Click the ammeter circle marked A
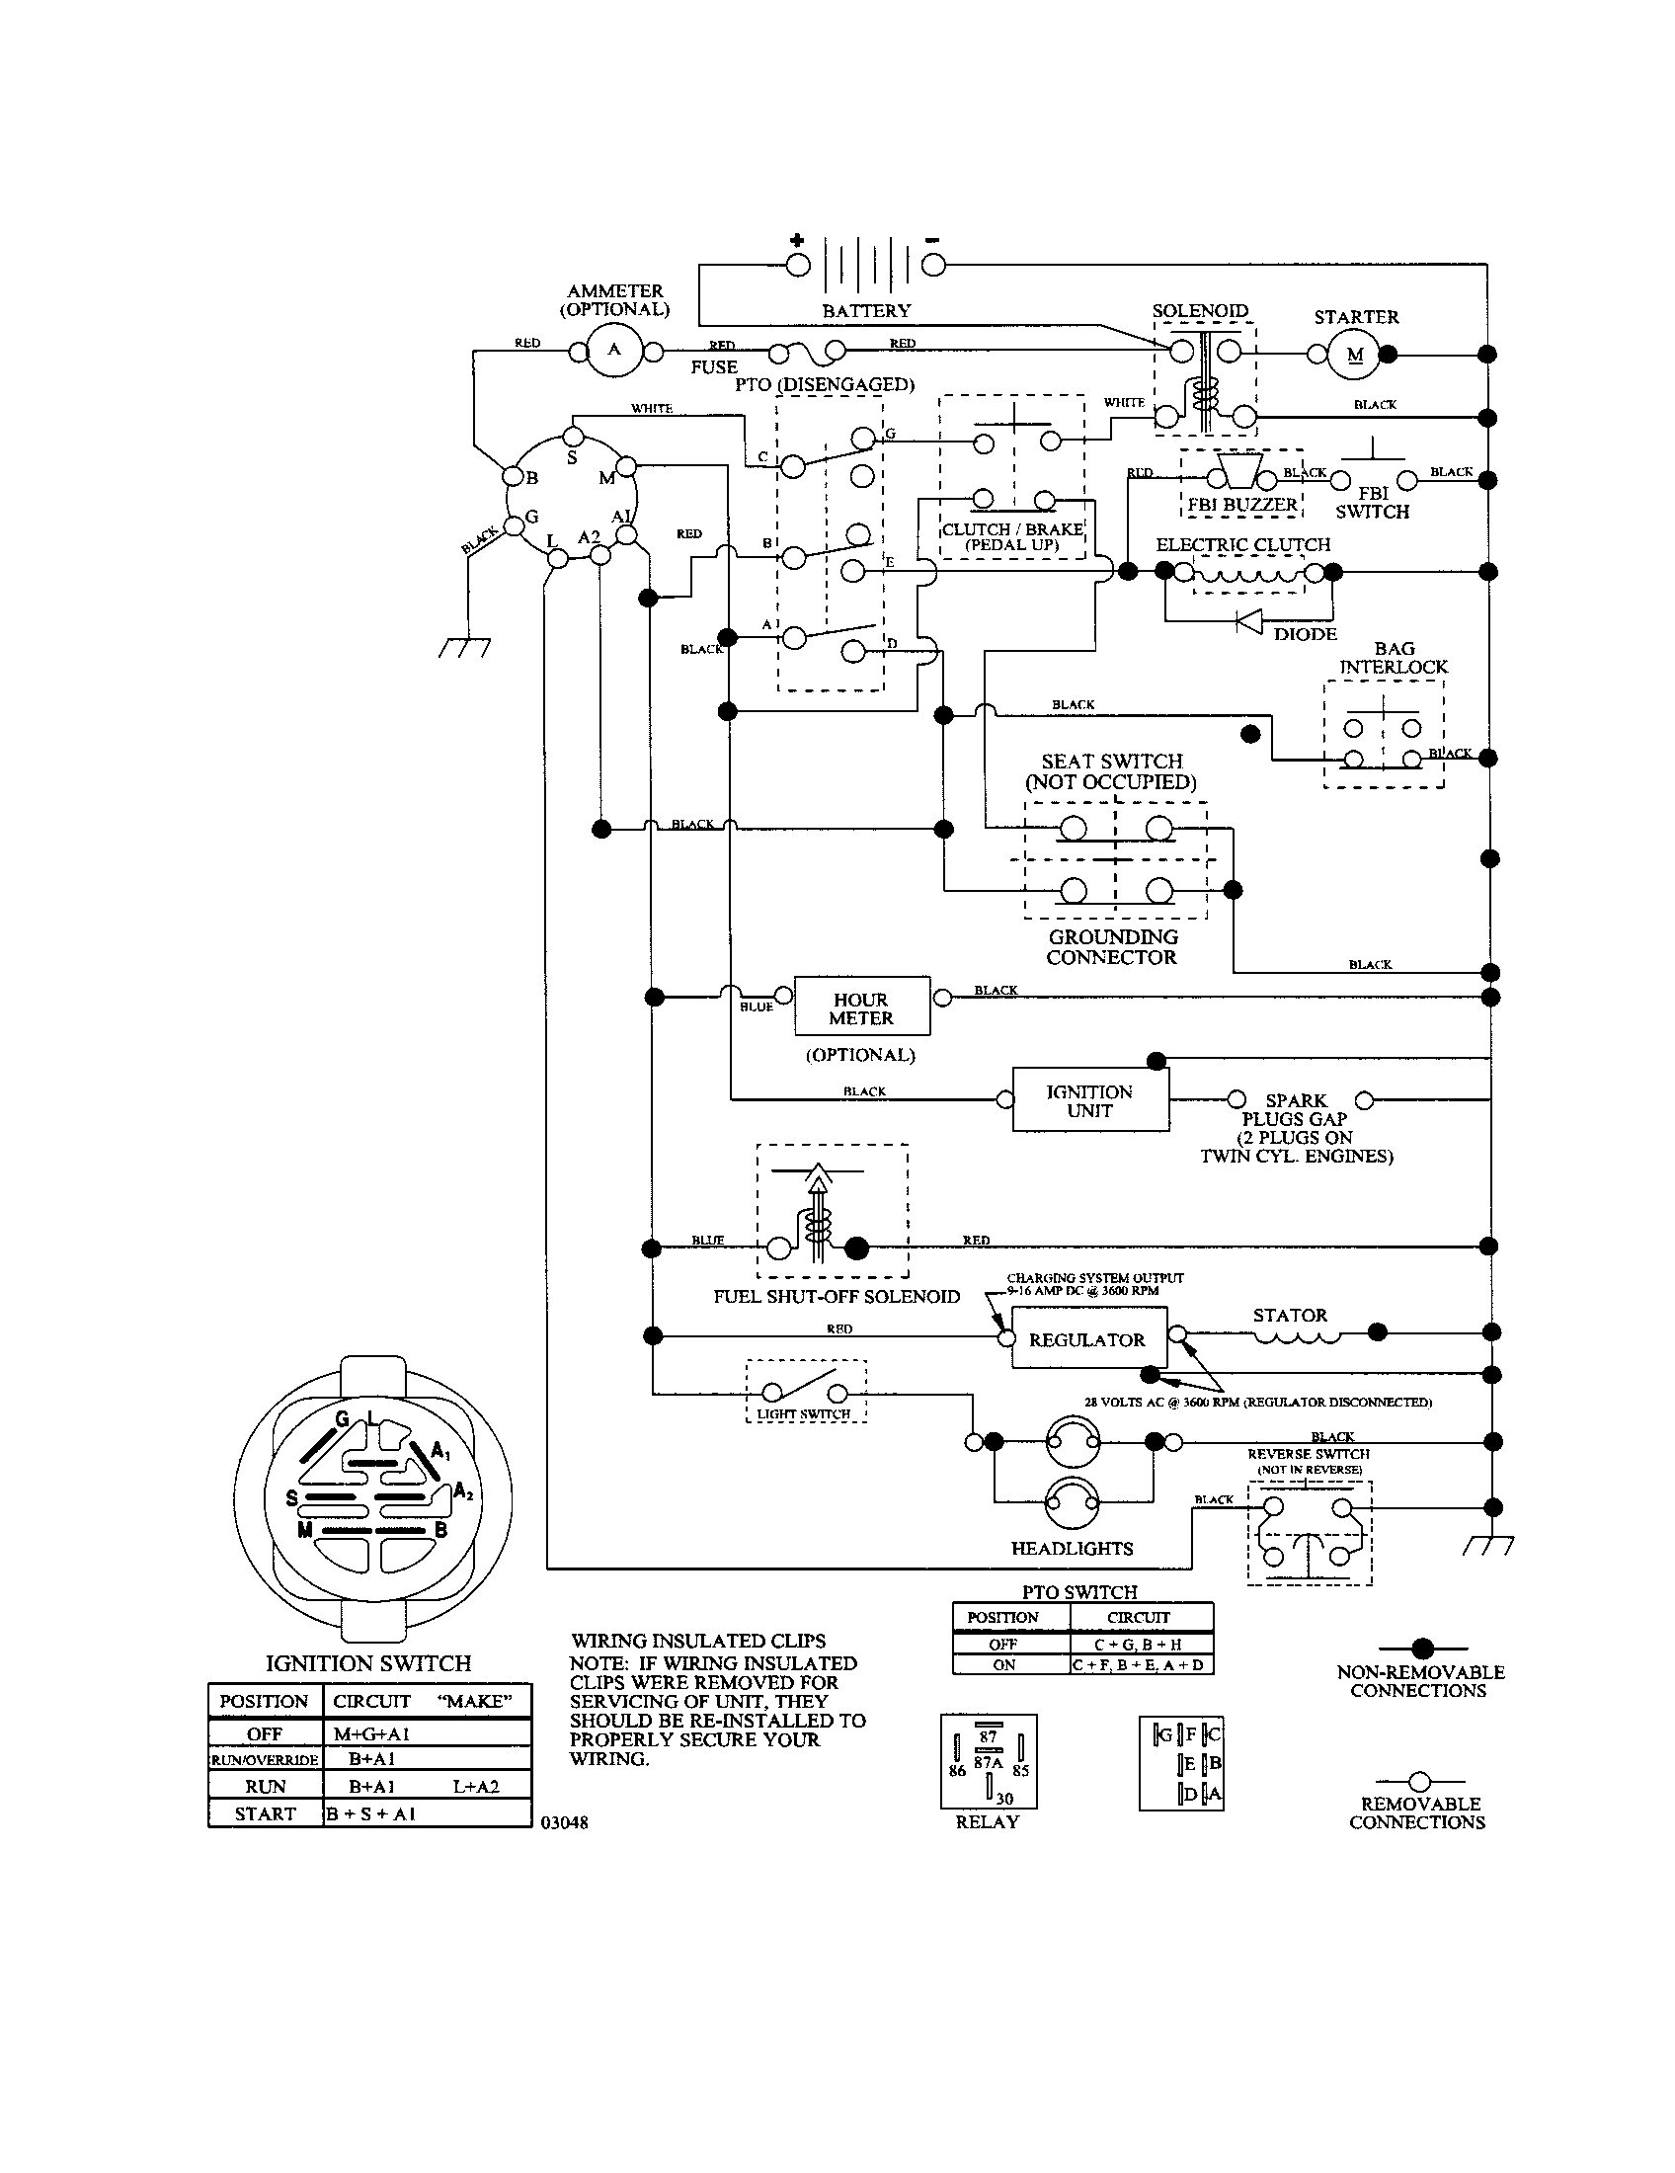613,351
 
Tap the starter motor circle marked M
1354,354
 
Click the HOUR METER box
861,1006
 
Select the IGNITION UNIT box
1090,1099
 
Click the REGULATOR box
1088,1339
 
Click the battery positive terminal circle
799,265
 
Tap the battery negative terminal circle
933,265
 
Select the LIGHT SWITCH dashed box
806,1392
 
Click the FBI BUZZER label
1242,505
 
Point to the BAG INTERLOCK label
1393,658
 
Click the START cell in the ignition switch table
265,1812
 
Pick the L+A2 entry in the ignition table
475,1786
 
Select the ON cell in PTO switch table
1003,1664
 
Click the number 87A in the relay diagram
989,1762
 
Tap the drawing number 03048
564,1822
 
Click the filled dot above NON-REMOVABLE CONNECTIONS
1423,1648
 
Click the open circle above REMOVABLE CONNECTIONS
1420,1780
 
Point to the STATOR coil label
1290,1316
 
